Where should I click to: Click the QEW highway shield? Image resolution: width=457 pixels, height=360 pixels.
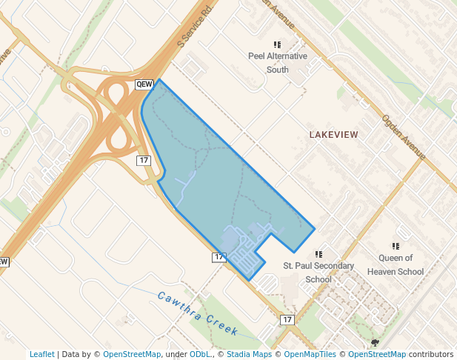[144, 84]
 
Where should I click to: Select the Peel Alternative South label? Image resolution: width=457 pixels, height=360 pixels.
[278, 63]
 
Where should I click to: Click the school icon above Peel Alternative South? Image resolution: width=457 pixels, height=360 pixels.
[278, 44]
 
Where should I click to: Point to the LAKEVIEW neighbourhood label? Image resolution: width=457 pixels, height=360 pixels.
[333, 135]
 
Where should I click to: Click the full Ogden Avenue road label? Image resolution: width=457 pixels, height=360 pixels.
[404, 138]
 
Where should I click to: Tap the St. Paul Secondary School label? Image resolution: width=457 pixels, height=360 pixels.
[318, 273]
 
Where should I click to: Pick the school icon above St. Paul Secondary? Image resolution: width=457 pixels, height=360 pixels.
[319, 254]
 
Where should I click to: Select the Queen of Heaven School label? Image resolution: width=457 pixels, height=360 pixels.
[401, 264]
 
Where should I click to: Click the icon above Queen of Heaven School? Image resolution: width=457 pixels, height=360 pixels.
[396, 246]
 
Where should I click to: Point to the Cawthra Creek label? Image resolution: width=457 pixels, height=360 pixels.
[197, 312]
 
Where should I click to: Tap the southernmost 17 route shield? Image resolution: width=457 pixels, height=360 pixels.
[287, 319]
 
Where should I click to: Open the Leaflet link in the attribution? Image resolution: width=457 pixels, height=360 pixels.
[42, 354]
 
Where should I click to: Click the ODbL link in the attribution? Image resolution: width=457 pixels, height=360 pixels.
[199, 354]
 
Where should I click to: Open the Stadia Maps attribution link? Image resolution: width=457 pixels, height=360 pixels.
[248, 354]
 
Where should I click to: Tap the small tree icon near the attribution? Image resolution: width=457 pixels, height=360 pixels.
[375, 342]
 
